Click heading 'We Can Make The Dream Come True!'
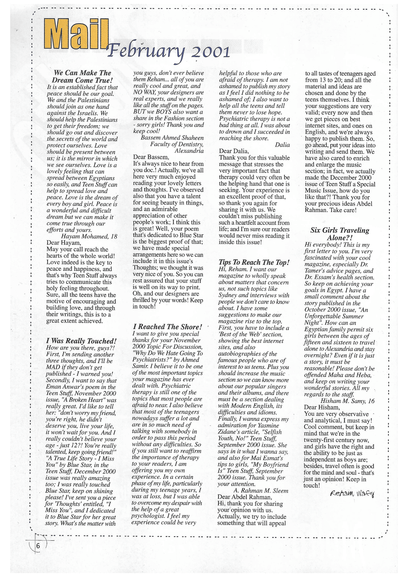pyautogui.click(x=82, y=76)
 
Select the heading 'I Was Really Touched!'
pyautogui.click(x=81, y=341)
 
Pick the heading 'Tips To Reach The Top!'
pyautogui.click(x=254, y=262)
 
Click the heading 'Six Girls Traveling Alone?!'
pyautogui.click(x=340, y=234)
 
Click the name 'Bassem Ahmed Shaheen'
pyautogui.click(x=172, y=138)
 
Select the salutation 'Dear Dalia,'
pyautogui.click(x=234, y=151)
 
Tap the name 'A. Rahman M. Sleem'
pyautogui.click(x=261, y=491)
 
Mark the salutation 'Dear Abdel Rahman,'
pyautogui.click(x=245, y=497)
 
